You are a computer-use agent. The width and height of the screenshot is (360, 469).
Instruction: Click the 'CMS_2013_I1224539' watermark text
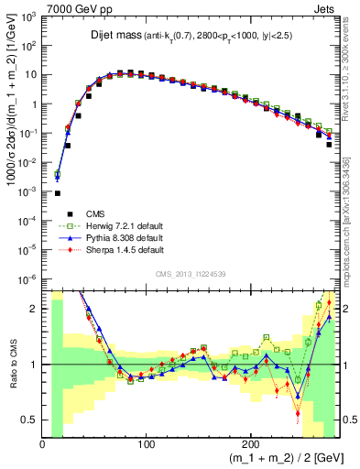point(191,272)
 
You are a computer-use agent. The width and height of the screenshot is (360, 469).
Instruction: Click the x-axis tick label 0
point(42,443)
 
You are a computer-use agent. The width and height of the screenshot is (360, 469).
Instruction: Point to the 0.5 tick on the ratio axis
point(30,420)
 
